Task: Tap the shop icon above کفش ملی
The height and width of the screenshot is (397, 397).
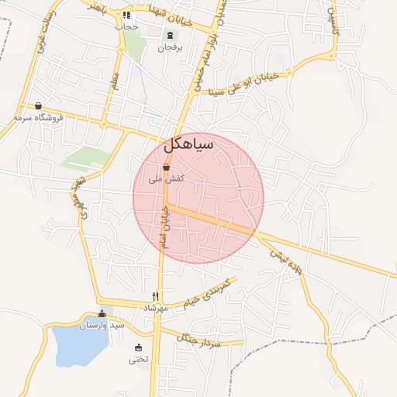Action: [x=166, y=167]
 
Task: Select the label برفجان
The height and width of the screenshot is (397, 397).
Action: [x=169, y=48]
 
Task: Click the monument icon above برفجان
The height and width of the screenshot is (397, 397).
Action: [x=169, y=35]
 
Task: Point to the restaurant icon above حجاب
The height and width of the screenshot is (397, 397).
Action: [x=126, y=15]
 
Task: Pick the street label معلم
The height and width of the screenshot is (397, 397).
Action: [x=116, y=80]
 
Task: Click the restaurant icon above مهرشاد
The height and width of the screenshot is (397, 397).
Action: [x=156, y=296]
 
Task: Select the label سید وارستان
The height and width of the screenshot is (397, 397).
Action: [x=102, y=325]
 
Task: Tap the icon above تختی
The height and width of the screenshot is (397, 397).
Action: [x=139, y=347]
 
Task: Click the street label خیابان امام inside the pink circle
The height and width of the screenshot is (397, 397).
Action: [x=164, y=226]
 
